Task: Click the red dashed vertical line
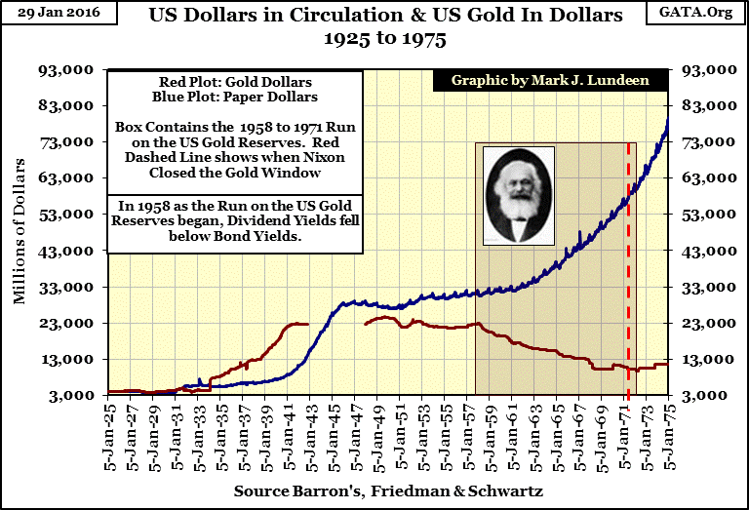pos(628,293)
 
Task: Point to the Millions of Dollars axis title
pos(20,233)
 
